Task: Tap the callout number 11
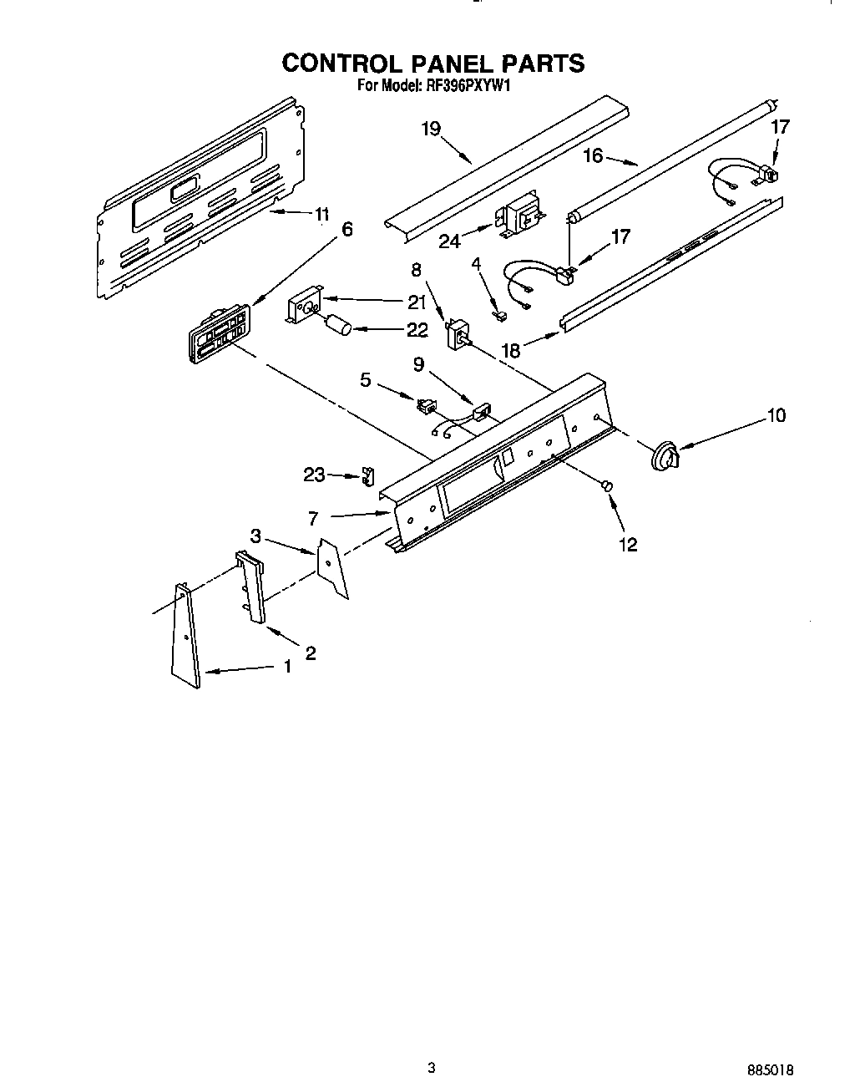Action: click(x=322, y=214)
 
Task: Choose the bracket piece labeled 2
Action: click(x=252, y=589)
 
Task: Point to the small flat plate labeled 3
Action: click(x=332, y=570)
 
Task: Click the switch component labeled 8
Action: click(x=458, y=335)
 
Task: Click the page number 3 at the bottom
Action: click(x=431, y=1066)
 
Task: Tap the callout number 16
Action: click(x=593, y=155)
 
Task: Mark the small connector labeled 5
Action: click(x=425, y=406)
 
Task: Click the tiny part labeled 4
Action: click(x=500, y=316)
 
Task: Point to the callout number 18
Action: click(x=511, y=350)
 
